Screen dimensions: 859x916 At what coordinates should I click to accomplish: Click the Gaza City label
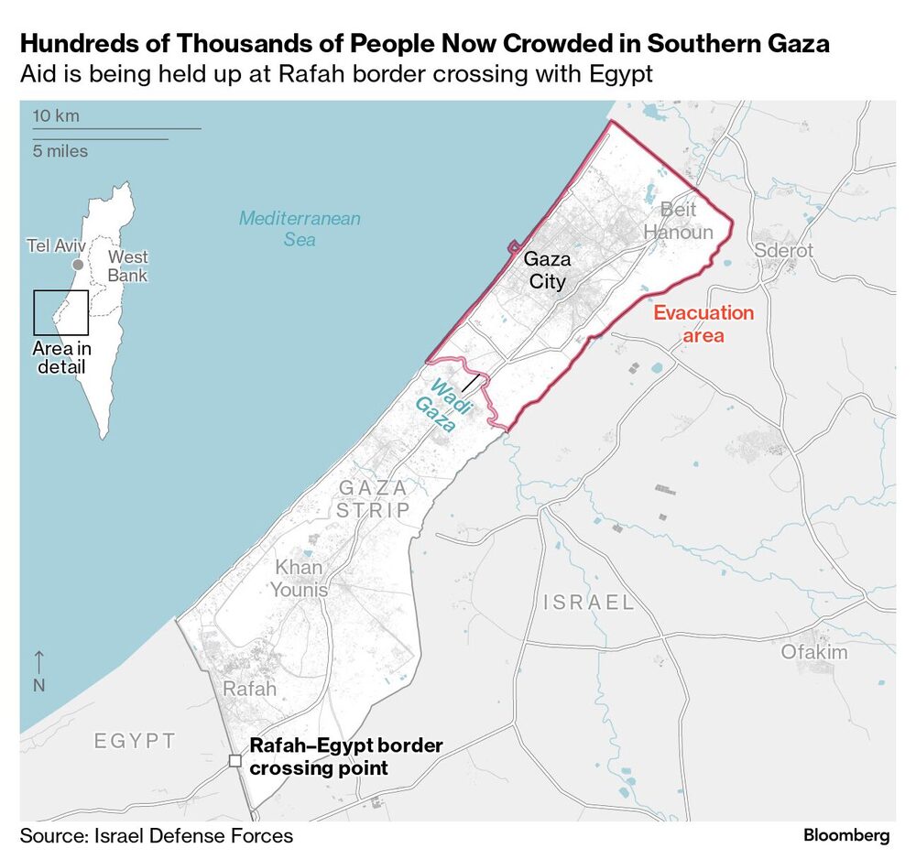pyautogui.click(x=548, y=271)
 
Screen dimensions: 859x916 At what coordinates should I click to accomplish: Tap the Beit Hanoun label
pyautogui.click(x=677, y=221)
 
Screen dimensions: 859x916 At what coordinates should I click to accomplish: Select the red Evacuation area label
pyautogui.click(x=703, y=324)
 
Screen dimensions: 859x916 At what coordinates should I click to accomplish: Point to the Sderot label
pyautogui.click(x=783, y=251)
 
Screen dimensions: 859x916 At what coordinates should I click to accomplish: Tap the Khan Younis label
pyautogui.click(x=299, y=579)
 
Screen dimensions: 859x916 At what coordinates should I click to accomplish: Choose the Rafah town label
pyautogui.click(x=249, y=689)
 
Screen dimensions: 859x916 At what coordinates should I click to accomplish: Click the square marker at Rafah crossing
pyautogui.click(x=235, y=760)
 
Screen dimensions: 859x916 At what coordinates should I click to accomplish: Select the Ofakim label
pyautogui.click(x=813, y=652)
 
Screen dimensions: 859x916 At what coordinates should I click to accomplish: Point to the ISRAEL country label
pyautogui.click(x=588, y=603)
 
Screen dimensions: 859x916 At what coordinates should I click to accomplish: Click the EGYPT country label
pyautogui.click(x=135, y=740)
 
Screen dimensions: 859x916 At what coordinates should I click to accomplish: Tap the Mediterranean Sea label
pyautogui.click(x=300, y=229)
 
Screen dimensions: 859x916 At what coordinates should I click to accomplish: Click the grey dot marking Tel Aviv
pyautogui.click(x=79, y=265)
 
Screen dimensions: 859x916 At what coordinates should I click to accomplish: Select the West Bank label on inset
pyautogui.click(x=127, y=266)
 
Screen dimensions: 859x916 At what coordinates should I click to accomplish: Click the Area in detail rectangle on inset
pyautogui.click(x=60, y=312)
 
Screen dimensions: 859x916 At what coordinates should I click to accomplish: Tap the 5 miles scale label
pyautogui.click(x=60, y=151)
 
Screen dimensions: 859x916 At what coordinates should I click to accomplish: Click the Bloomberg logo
pyautogui.click(x=846, y=835)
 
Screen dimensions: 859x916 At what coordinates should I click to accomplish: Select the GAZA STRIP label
pyautogui.click(x=373, y=499)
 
